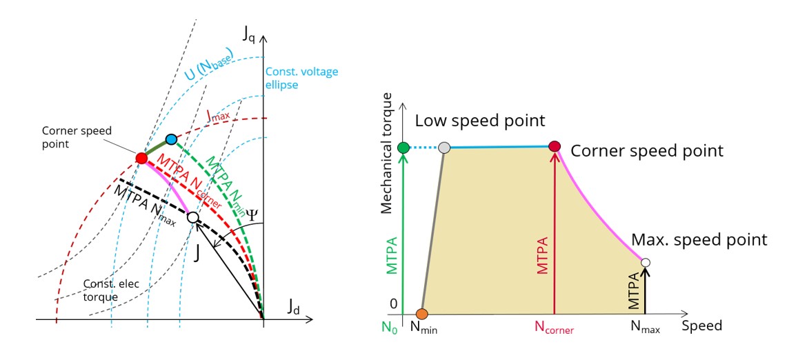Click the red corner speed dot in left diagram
point(141,158)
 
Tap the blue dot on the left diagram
point(172,139)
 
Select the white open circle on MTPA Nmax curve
point(193,217)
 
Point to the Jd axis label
point(295,308)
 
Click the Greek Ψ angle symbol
point(252,214)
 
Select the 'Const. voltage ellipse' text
point(301,79)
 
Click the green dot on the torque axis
point(404,147)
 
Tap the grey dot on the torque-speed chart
point(444,148)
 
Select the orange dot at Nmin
point(423,314)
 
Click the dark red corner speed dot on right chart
point(555,146)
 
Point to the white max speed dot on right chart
point(646,262)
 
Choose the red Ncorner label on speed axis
point(555,329)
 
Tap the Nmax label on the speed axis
point(646,329)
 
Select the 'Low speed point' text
point(479,121)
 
